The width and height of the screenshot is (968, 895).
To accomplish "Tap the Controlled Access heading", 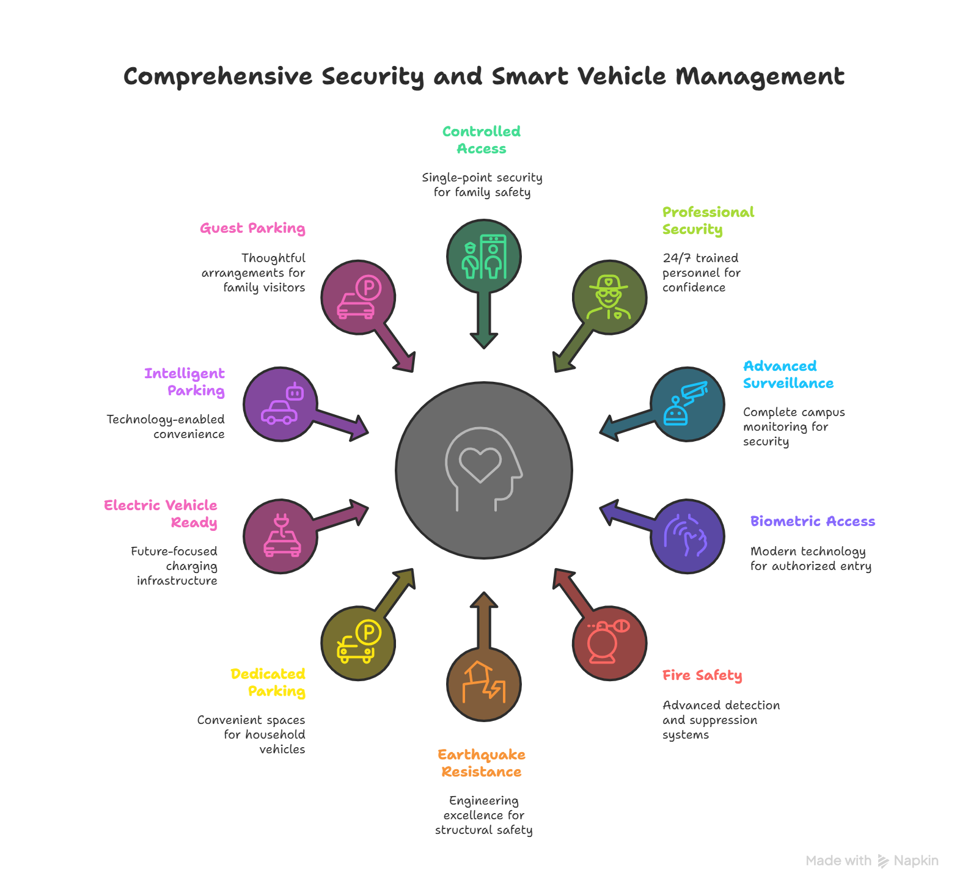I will point(482,140).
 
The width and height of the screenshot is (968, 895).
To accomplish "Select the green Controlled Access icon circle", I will point(483,257).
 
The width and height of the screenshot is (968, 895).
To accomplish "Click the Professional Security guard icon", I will point(609,298).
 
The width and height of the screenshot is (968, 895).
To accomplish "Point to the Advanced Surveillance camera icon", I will point(687,404).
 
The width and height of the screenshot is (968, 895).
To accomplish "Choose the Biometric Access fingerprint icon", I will point(687,536).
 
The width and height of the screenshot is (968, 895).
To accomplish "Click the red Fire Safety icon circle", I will point(609,643).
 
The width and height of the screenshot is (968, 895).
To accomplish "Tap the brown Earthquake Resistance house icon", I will point(483,684).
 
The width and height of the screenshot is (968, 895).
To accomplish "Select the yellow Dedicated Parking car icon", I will point(358,643).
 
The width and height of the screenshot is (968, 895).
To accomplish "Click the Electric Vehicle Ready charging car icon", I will point(280,536).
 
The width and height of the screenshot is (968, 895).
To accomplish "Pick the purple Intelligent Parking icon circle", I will point(280,404).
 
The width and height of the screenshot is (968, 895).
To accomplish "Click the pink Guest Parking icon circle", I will point(358,298).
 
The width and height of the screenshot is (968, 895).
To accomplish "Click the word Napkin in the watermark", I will point(915,861).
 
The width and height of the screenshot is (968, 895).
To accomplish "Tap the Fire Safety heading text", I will point(702,675).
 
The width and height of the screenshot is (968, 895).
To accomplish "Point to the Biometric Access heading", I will point(812,521).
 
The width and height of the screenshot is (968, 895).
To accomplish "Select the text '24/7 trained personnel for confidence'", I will point(701,272).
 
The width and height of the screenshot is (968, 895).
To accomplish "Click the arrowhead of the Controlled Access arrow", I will point(483,340).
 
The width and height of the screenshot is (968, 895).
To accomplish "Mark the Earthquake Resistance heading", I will point(482,763).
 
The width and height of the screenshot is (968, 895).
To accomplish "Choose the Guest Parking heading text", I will point(252,228).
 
